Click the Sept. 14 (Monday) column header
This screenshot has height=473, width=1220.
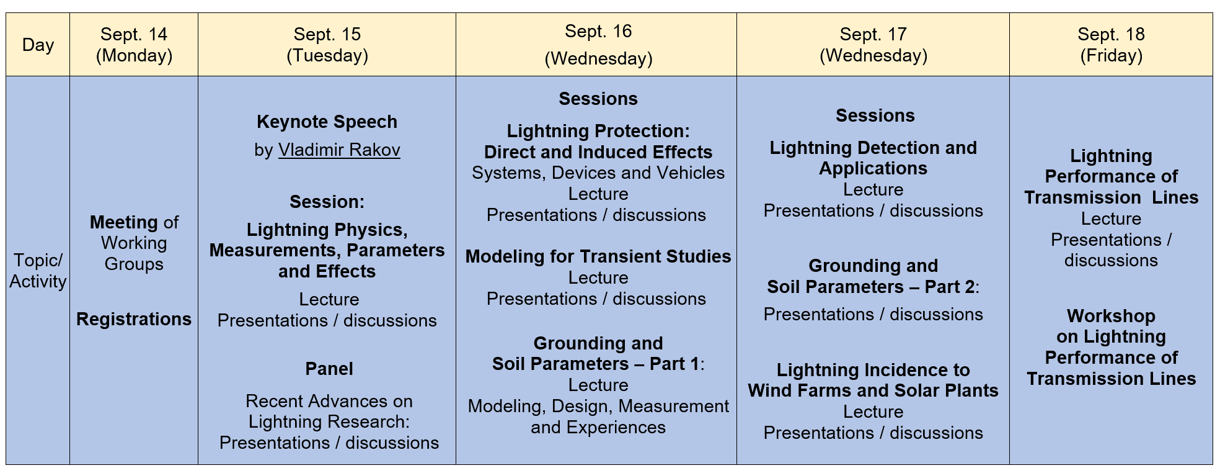(134, 45)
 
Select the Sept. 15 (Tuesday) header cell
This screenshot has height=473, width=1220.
(327, 45)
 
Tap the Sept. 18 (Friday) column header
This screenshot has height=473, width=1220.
(1111, 45)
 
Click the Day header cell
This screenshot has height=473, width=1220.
(38, 45)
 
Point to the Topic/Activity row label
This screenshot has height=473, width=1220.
(38, 271)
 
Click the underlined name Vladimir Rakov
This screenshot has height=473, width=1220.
(339, 150)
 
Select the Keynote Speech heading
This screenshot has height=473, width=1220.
(327, 122)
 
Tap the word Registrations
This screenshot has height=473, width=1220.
(134, 319)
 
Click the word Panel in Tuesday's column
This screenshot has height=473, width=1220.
(329, 369)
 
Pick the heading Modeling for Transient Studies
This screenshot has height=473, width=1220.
(598, 256)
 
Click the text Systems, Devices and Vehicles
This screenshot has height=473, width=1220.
(598, 173)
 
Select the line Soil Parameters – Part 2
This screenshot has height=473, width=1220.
(872, 287)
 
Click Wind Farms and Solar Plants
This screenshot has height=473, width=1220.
(873, 390)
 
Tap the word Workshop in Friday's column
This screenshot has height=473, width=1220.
(1111, 316)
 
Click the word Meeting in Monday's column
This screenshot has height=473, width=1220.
(124, 222)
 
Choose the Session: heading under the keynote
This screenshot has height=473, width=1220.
(327, 202)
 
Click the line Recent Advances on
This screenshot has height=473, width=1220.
(329, 401)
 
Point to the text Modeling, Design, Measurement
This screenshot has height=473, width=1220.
(598, 406)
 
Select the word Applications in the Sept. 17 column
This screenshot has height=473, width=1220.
(873, 168)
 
